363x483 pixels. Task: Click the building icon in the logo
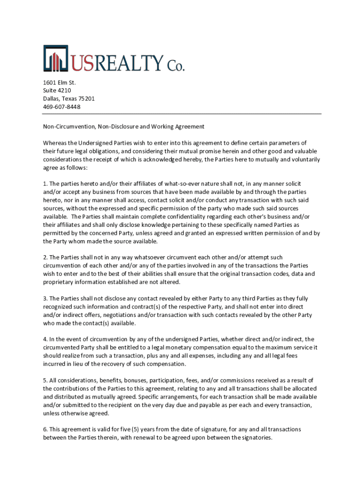click(56, 59)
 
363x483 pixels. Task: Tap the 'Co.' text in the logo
click(174, 64)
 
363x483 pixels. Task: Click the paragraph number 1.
click(45, 183)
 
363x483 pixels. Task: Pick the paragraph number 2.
click(45, 257)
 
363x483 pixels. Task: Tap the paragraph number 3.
click(45, 299)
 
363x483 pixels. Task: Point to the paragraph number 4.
click(45, 339)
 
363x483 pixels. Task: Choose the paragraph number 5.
click(45, 380)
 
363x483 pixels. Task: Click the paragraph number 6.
click(45, 429)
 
